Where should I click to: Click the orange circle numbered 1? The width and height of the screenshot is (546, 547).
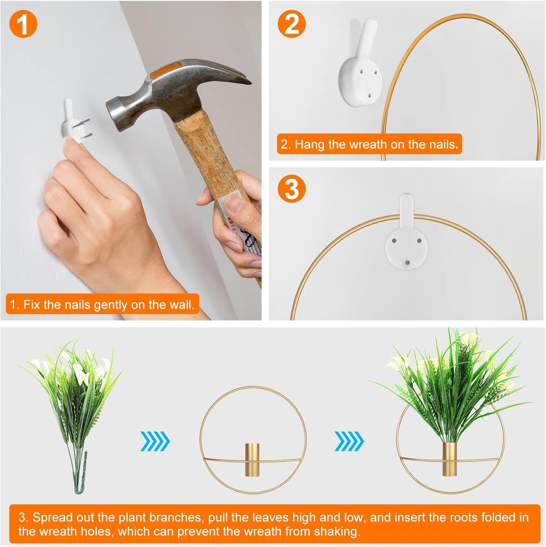tap(23, 24)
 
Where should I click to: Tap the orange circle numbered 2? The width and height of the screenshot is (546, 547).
tap(292, 24)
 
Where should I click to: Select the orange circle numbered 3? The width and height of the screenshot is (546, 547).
tap(292, 189)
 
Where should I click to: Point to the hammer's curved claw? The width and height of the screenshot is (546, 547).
tap(224, 73)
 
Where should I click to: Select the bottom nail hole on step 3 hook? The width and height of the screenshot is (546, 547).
tap(407, 262)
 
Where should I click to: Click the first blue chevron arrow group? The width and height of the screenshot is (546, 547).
tap(155, 441)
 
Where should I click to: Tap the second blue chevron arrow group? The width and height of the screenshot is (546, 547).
tap(349, 441)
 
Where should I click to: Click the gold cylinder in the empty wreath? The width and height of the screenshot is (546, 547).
tap(252, 459)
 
